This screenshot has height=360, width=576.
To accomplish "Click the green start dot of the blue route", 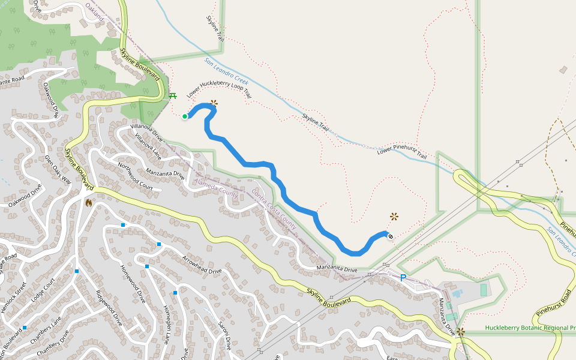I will [x=185, y=116].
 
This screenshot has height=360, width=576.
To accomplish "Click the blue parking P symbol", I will [x=403, y=277].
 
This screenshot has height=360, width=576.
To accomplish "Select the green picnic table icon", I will [x=173, y=95].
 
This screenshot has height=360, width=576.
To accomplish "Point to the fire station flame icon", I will [x=89, y=203].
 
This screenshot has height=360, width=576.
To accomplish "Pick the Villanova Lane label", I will [x=148, y=145].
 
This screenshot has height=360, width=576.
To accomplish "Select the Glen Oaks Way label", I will [x=58, y=169].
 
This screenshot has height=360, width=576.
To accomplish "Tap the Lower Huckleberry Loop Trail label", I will [x=218, y=88].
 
